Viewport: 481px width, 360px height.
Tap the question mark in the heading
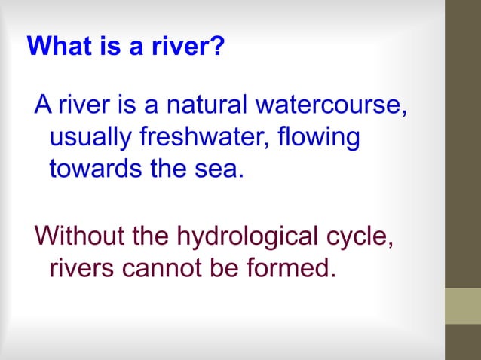click(219, 47)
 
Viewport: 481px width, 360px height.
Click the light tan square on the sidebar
click(463, 306)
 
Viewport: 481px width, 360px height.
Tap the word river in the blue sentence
click(84, 107)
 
